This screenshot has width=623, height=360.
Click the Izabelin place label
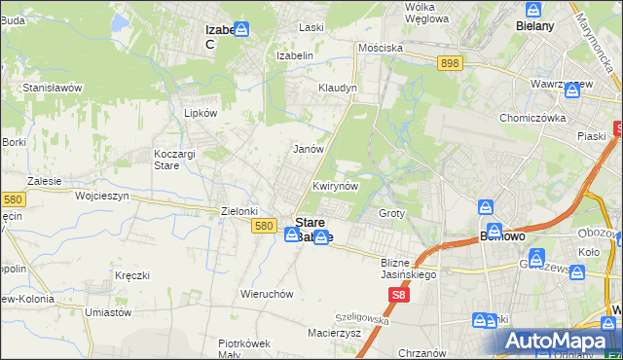pos(295,55)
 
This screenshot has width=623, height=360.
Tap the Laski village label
pos(311,28)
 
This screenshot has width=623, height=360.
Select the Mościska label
pos(380,47)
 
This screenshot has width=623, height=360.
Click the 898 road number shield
pos(449,63)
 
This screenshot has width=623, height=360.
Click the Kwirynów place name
pos(336,185)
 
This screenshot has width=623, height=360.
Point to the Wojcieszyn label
pos(102,195)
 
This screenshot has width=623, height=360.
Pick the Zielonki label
pos(239,211)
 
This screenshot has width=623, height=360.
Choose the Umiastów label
pos(108,312)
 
